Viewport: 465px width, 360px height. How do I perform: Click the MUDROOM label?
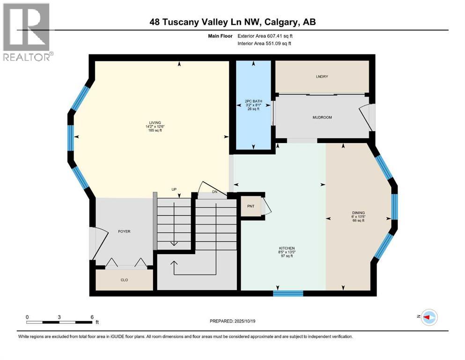pos(322,117)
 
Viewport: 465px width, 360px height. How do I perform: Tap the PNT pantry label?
pos(250,205)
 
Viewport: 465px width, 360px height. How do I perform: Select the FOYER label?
pos(124,232)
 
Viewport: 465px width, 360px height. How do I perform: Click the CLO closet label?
pos(124,280)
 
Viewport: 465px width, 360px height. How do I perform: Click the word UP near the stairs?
pos(173,190)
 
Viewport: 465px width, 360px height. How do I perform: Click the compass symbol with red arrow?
pos(429,317)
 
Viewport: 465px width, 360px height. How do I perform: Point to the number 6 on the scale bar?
pos(92,316)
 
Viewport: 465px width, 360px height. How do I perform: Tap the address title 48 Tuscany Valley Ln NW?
pos(232,22)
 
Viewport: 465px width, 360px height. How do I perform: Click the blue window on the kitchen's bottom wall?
pos(288,293)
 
